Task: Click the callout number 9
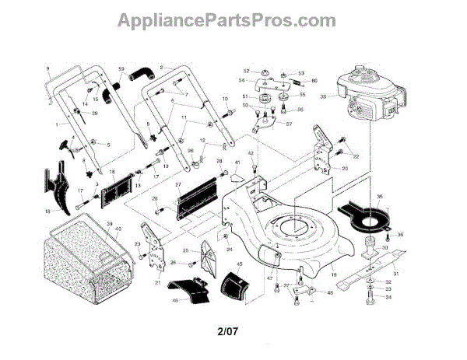pyautogui.click(x=47, y=68)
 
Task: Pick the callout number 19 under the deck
pyautogui.click(x=333, y=274)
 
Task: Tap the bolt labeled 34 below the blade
pyautogui.click(x=366, y=297)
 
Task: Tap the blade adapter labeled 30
pyautogui.click(x=365, y=249)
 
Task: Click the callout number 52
pyautogui.click(x=246, y=71)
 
